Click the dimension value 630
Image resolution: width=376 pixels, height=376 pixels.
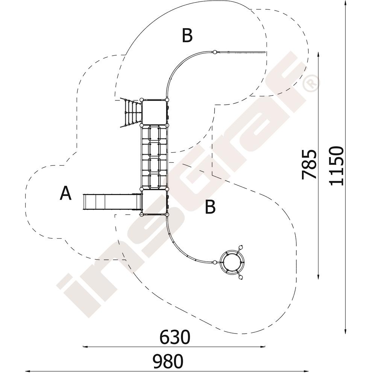coord(175,337)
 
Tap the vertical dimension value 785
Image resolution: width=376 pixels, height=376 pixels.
coord(309,164)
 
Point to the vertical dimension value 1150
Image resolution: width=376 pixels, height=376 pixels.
coord(336,166)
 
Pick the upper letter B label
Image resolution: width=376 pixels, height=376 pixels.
coord(187,35)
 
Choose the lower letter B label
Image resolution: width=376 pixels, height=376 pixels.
coord(210,207)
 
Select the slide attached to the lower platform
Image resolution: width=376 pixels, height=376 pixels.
coord(112,202)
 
